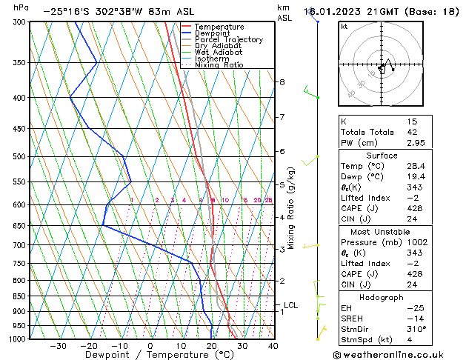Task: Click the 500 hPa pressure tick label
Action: [x=21, y=157]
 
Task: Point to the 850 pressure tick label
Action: [x=21, y=296]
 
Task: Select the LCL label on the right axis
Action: [x=291, y=305]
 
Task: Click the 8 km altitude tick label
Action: [x=282, y=82]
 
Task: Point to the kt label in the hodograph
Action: [x=344, y=27]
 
